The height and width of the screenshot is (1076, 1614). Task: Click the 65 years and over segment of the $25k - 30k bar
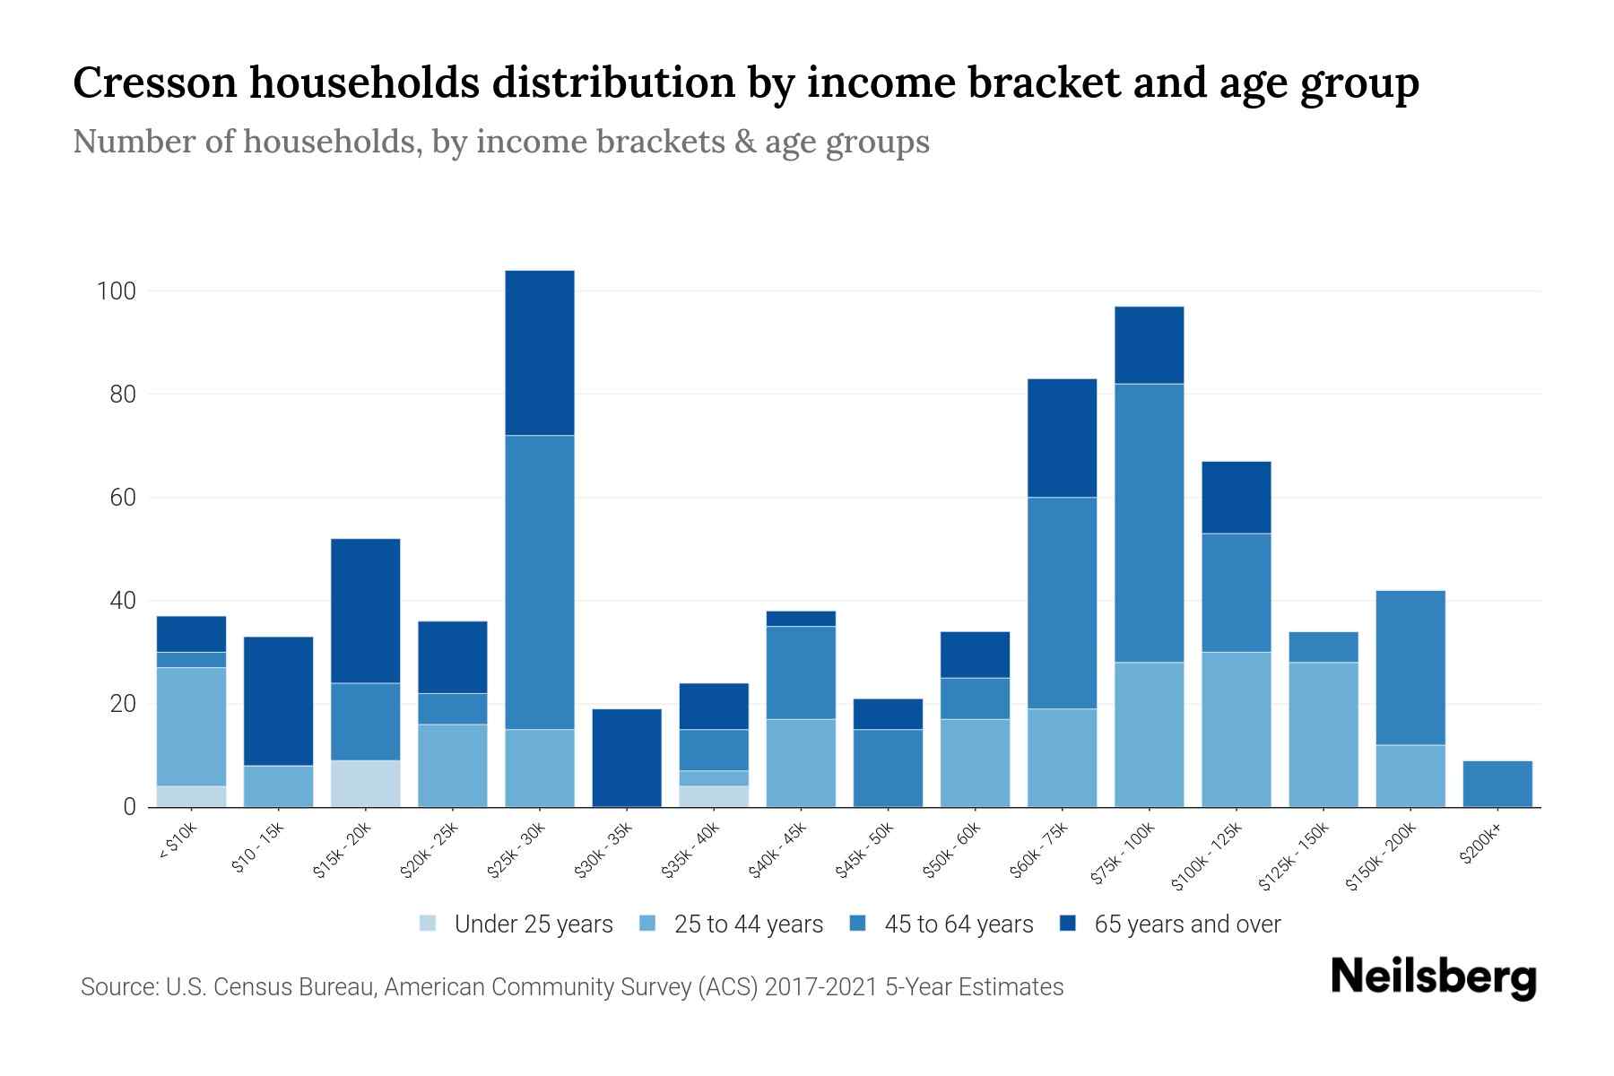point(540,352)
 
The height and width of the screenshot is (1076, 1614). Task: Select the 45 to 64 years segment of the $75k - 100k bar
point(1149,523)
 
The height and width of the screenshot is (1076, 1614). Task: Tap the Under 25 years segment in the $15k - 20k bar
point(365,784)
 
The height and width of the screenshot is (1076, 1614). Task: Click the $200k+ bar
point(1497,784)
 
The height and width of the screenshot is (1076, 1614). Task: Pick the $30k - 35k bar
point(627,758)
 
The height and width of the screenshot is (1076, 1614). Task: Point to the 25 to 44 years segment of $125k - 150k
point(1323,734)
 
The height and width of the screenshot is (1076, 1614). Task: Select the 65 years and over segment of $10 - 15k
point(278,701)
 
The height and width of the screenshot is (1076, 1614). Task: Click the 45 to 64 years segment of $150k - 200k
point(1410,667)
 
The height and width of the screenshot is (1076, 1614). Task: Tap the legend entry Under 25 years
point(516,924)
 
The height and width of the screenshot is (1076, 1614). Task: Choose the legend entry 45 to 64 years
point(941,924)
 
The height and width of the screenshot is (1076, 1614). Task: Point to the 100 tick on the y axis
point(117,291)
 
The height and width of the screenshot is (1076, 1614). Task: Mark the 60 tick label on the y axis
point(123,498)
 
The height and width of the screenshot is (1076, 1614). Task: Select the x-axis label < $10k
point(178,842)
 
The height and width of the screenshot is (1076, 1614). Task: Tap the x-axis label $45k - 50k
point(865,851)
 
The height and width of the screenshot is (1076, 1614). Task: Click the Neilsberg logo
point(1433,977)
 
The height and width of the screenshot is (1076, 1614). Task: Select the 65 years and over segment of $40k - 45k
point(801,619)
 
